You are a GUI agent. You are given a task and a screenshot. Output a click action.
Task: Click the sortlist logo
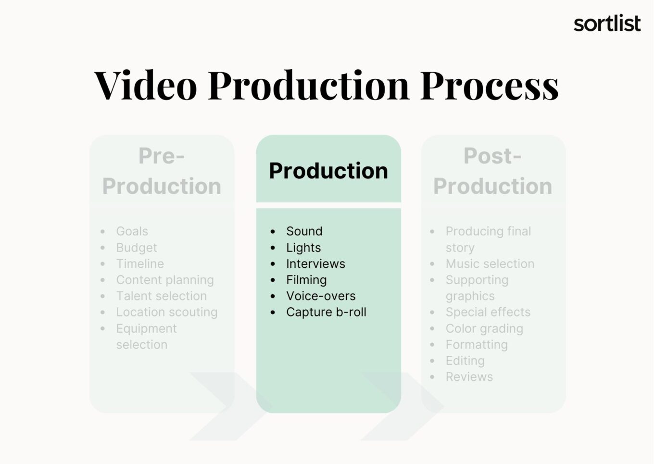(x=607, y=24)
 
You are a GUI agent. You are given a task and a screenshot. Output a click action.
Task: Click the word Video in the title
(x=146, y=85)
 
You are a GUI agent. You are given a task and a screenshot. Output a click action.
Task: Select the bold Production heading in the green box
(x=328, y=171)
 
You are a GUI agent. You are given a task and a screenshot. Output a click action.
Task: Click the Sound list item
(x=304, y=231)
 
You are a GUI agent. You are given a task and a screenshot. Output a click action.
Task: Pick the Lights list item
(x=303, y=248)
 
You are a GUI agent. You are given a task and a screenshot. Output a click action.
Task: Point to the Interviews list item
(x=315, y=263)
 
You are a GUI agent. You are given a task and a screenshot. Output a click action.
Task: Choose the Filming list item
(x=306, y=280)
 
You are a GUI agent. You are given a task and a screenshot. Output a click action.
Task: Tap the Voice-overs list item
(x=321, y=296)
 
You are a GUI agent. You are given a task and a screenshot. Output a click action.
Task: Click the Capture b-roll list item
(x=326, y=312)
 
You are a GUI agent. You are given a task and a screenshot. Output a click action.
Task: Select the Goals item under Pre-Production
(x=132, y=231)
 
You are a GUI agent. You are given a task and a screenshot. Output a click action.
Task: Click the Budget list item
(x=136, y=248)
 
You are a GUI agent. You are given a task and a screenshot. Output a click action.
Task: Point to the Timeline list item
(x=140, y=263)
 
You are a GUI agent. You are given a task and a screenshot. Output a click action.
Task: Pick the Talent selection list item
(x=161, y=296)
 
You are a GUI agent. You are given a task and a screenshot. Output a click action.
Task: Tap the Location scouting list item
(x=166, y=312)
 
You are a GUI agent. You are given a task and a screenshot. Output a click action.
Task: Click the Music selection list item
(x=490, y=263)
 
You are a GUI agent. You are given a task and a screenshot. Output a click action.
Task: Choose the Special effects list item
(x=488, y=312)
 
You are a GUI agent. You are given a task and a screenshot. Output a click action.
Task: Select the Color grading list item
(x=484, y=328)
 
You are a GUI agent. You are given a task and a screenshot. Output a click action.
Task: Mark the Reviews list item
(x=469, y=376)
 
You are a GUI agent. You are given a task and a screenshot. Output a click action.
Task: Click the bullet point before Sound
(x=273, y=232)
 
